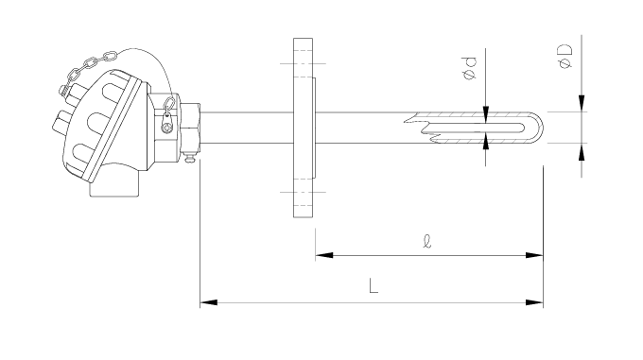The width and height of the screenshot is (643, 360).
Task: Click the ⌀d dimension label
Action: [x=470, y=68]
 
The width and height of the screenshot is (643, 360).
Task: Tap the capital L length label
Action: [x=374, y=285]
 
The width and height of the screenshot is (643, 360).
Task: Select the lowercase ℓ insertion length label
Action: [x=426, y=241]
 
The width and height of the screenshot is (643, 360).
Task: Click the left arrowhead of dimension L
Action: [x=208, y=302]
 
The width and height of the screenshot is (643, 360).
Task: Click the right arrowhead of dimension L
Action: [x=535, y=302]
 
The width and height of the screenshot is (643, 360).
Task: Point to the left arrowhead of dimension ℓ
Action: [x=324, y=255]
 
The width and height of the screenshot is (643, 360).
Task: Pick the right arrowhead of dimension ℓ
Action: [x=535, y=255]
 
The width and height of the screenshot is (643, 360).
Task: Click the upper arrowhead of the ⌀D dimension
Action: [x=582, y=103]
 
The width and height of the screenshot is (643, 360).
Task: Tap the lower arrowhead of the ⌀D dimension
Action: [x=582, y=151]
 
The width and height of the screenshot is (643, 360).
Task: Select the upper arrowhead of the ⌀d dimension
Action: [x=486, y=114]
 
